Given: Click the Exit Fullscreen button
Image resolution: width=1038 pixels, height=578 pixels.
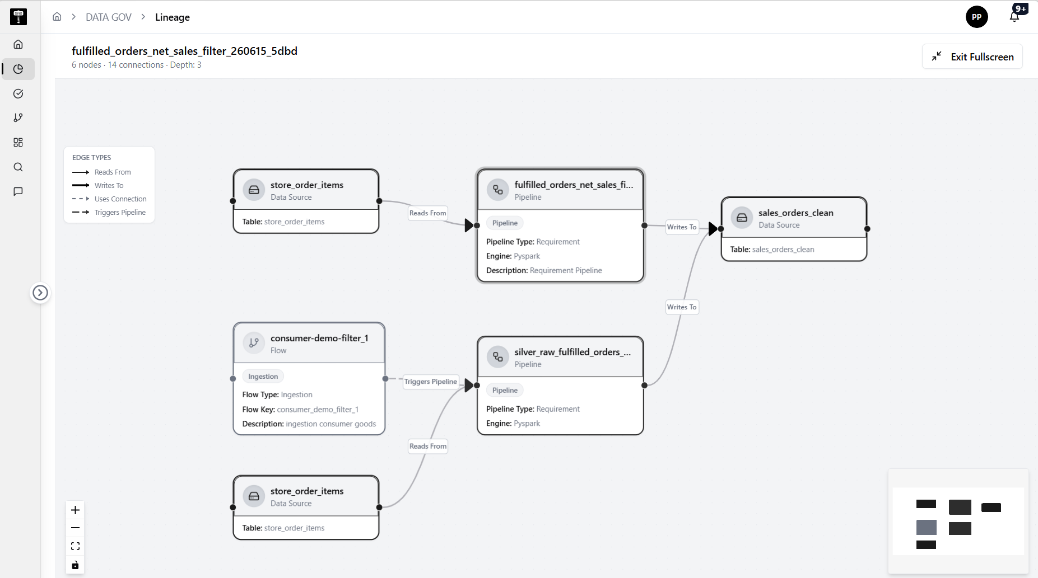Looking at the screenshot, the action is (972, 57).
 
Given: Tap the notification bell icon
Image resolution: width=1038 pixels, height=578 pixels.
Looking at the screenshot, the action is (1014, 16).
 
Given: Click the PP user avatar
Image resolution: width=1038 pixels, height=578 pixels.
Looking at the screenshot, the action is (976, 17).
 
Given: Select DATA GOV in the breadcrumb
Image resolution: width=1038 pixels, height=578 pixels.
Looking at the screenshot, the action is (109, 17).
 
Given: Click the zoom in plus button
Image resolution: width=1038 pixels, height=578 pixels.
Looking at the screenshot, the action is (76, 510).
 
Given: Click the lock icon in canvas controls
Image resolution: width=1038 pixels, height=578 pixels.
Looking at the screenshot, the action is (76, 565).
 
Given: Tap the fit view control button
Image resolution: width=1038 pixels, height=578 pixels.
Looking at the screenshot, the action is (76, 546).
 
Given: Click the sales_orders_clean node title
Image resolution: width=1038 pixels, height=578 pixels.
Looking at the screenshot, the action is (796, 213).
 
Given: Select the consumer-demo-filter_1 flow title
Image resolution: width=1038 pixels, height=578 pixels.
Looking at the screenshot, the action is (319, 338).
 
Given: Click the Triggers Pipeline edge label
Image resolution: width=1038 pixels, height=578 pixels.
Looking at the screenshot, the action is (431, 382).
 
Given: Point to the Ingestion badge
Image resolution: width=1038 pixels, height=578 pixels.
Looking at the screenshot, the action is (263, 377).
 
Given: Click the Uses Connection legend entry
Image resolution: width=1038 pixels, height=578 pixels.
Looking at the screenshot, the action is (110, 199).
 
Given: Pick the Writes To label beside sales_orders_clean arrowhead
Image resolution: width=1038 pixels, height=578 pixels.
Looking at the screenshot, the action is (682, 227).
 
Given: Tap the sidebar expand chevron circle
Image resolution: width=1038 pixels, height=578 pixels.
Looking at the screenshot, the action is (40, 293).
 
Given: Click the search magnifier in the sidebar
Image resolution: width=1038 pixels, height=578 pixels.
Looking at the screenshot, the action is (18, 167).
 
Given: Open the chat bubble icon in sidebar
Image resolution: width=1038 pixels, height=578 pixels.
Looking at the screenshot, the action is (18, 191).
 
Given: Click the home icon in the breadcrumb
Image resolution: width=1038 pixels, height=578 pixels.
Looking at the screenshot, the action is (57, 17).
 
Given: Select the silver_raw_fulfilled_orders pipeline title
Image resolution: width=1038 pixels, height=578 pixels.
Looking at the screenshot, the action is (572, 352).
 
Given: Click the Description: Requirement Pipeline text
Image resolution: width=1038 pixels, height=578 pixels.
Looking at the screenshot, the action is (544, 270).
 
